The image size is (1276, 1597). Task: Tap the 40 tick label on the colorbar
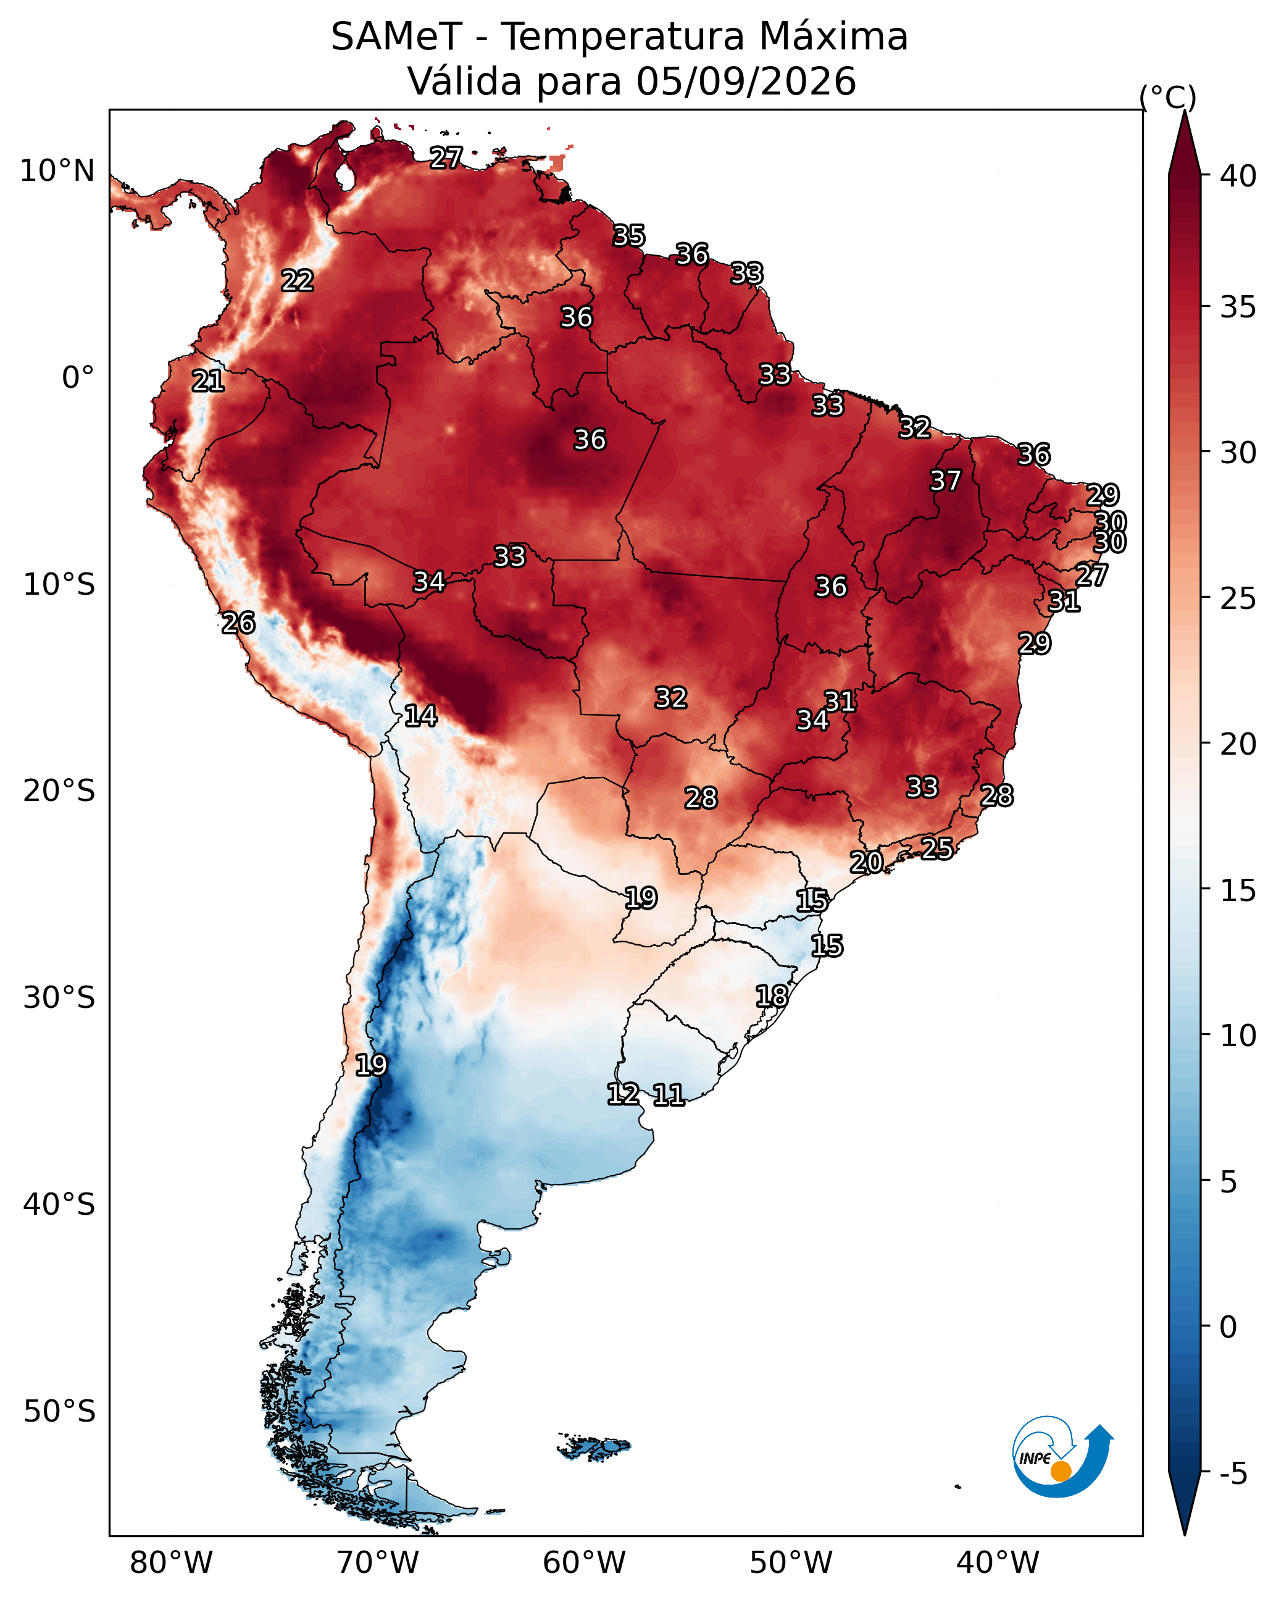click(1239, 175)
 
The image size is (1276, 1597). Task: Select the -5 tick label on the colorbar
click(1234, 1473)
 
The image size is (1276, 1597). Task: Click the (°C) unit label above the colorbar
click(1168, 97)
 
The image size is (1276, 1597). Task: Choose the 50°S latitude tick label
click(59, 1412)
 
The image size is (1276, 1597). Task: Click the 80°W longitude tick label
click(171, 1563)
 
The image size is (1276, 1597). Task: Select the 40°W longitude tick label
click(998, 1563)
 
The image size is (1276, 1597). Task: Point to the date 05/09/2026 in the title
click(746, 82)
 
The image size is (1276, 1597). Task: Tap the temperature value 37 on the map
click(946, 480)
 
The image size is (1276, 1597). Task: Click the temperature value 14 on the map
click(420, 716)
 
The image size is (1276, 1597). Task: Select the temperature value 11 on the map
click(669, 1095)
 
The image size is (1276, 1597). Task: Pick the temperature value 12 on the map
click(623, 1093)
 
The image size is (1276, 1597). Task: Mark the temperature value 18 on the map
click(772, 996)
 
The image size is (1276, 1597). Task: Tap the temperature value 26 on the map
click(238, 622)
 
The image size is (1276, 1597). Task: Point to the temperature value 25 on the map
click(937, 847)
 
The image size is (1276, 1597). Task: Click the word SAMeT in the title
click(397, 36)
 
